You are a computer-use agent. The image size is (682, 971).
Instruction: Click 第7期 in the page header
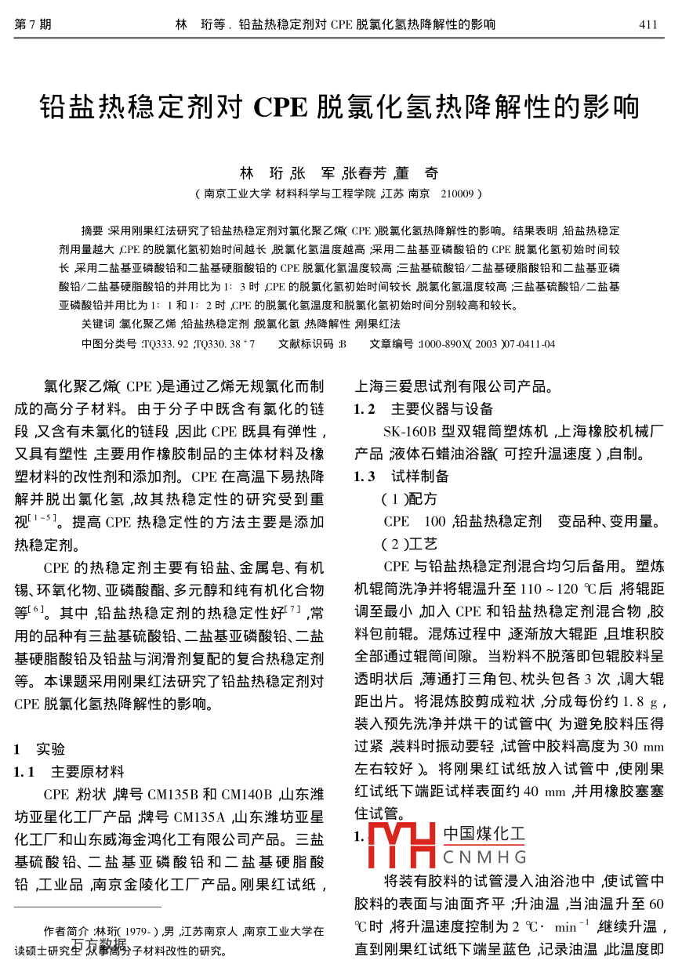point(33,24)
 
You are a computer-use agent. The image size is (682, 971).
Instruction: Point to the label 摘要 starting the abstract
point(93,231)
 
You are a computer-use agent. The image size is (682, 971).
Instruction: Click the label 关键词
point(98,324)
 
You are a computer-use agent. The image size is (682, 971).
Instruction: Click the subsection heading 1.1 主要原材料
point(69,772)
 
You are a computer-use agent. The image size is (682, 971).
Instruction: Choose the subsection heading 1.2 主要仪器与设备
point(423,408)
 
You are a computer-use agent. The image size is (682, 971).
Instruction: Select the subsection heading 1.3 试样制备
point(401,476)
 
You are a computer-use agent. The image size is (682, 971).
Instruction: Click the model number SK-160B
point(408,431)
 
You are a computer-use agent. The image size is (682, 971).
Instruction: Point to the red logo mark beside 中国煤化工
point(401,845)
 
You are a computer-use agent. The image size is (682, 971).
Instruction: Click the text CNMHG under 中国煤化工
point(484,856)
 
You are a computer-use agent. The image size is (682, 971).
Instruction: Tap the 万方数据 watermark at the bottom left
point(98,944)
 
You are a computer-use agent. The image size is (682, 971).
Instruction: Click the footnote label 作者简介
point(66,932)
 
